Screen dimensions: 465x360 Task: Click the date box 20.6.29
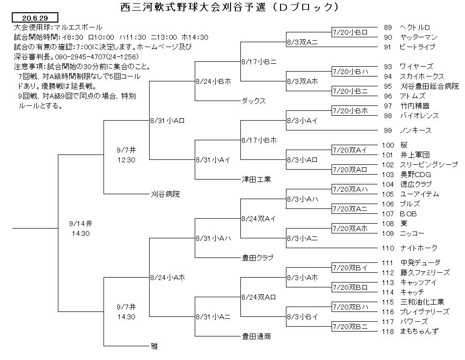35,18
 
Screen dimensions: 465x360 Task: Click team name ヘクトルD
414,27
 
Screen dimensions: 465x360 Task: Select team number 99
387,130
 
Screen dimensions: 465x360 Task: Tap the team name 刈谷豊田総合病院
429,86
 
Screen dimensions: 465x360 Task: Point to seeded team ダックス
254,101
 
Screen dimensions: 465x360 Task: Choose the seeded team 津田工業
256,179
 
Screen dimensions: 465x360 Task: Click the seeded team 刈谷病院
165,194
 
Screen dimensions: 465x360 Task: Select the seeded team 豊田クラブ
258,257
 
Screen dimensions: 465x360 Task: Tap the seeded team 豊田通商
256,336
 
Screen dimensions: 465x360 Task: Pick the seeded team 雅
155,346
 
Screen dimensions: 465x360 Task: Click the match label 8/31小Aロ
167,121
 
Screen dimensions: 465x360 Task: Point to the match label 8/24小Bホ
213,81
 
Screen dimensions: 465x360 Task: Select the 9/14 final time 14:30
80,233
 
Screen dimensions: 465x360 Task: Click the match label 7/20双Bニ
350,327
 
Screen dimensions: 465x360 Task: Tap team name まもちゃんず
419,331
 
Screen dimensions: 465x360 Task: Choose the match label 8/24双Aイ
258,219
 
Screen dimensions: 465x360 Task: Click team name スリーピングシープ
429,165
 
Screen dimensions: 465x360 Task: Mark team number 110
388,248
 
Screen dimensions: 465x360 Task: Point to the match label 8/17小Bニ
259,62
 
